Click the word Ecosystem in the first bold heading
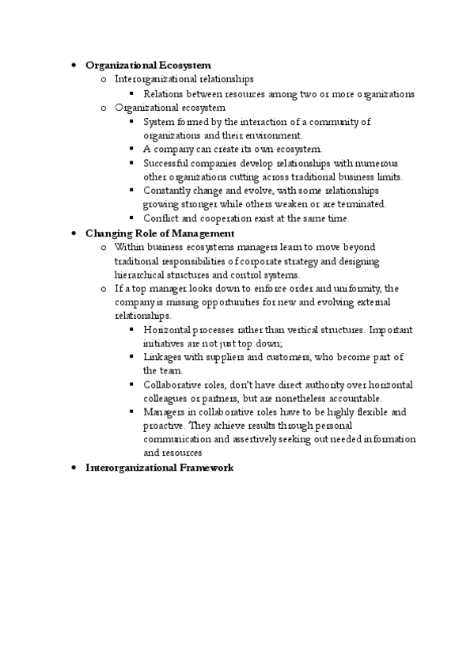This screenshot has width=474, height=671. [x=185, y=65]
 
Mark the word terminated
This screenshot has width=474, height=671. [x=363, y=204]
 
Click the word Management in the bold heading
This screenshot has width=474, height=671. [x=206, y=233]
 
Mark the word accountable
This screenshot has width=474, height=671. [x=360, y=398]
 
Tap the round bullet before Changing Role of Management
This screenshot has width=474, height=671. [x=72, y=233]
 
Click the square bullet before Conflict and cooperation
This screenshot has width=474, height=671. [x=131, y=218]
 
